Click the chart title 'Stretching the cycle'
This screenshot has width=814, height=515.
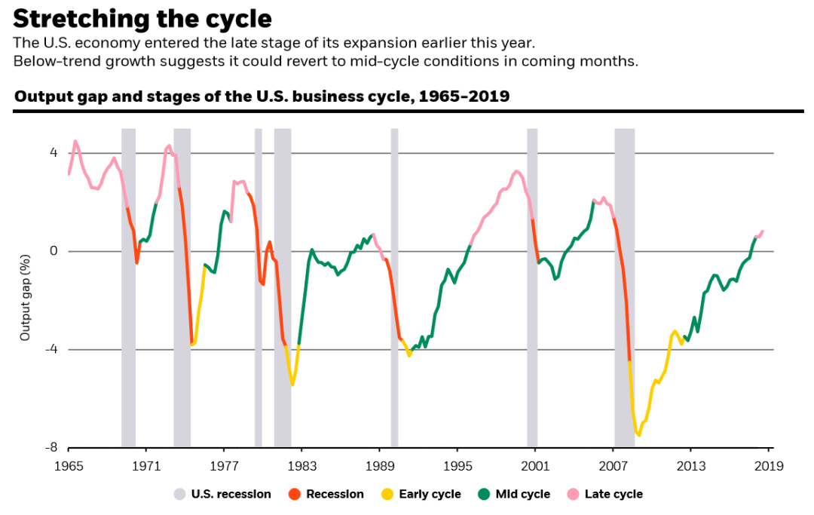click(143, 19)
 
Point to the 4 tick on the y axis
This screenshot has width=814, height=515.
click(54, 153)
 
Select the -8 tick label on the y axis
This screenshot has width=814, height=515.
click(51, 448)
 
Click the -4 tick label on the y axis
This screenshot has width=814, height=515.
click(51, 350)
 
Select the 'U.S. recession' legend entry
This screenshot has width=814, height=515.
click(222, 495)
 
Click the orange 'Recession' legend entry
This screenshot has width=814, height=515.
click(326, 495)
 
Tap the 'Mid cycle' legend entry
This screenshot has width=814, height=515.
click(514, 495)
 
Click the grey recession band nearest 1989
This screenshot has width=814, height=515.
click(394, 287)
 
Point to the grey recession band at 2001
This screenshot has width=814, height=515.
click(532, 287)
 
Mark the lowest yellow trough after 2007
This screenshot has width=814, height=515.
click(639, 435)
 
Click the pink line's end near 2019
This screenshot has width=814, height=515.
click(763, 231)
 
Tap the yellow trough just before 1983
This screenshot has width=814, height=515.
click(292, 385)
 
